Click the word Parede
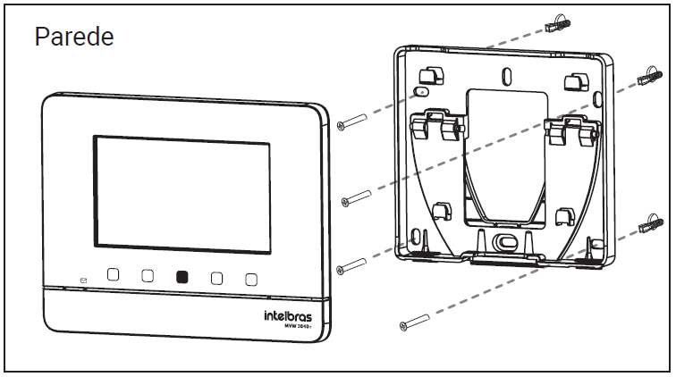pos(74,37)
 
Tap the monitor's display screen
pos(182,191)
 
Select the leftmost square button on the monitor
pos(114,275)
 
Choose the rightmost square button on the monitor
pos(251,278)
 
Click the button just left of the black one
pos(148,276)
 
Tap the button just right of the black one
pos(216,278)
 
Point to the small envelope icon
pos(83,280)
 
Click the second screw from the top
pos(357,196)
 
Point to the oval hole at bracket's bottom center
pos(506,241)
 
